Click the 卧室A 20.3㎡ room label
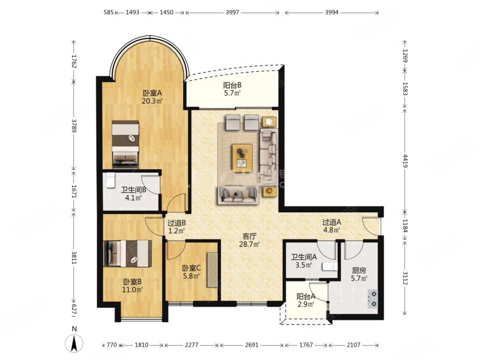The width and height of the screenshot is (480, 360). click(152, 97)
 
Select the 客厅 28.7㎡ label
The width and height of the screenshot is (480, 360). click(250, 240)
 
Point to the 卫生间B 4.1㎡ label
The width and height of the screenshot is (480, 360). click(133, 194)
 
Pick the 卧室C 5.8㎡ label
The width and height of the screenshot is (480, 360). click(191, 272)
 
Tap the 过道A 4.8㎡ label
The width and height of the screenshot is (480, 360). click(332, 226)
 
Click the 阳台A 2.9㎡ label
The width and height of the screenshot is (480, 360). click(306, 301)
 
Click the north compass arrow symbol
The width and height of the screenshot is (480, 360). click(74, 343)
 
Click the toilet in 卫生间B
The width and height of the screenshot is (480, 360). click(109, 181)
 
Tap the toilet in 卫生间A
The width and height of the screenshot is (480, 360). click(329, 267)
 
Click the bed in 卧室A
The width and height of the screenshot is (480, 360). click(125, 145)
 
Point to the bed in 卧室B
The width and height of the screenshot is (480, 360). click(128, 253)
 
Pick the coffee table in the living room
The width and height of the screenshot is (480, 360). click(242, 155)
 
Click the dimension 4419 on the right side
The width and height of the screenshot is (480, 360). click(406, 160)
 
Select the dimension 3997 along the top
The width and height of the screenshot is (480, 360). click(233, 13)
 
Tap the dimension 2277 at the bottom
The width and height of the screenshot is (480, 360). click(191, 345)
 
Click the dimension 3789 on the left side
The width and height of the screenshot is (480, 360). click(74, 125)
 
